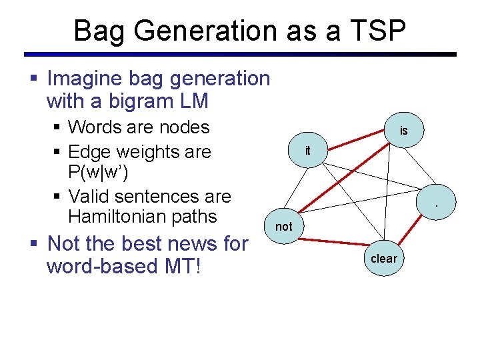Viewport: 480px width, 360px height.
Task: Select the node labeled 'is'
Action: (x=403, y=131)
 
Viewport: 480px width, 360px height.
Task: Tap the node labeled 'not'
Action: (x=284, y=226)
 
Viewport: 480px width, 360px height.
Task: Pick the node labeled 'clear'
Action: (x=383, y=259)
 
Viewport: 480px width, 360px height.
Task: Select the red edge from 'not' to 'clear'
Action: (x=333, y=243)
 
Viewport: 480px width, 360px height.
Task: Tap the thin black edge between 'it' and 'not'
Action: (x=296, y=188)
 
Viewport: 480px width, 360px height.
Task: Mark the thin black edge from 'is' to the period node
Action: (x=419, y=167)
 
